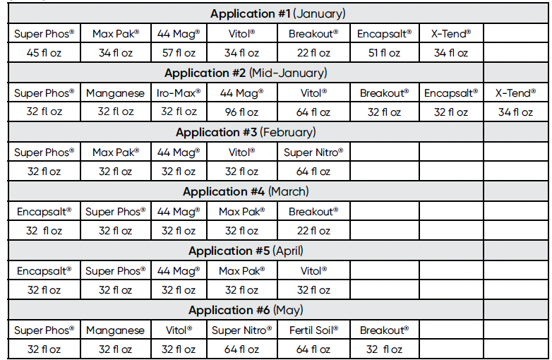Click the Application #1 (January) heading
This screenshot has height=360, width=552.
(277, 14)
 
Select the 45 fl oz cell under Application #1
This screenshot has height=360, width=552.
(44, 53)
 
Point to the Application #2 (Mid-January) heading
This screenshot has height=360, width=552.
(246, 73)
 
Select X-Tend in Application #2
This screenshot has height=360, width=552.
(515, 92)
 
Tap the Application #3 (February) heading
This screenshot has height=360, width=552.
(246, 133)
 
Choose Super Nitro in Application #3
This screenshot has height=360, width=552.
(313, 152)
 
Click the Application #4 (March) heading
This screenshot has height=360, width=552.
(246, 192)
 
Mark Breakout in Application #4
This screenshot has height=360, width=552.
(313, 211)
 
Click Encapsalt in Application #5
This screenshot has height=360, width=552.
(44, 270)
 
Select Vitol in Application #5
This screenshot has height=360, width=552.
(313, 270)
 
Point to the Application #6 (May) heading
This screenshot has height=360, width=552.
(246, 311)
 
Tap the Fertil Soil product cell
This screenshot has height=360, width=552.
(313, 330)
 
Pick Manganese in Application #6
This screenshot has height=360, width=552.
(115, 330)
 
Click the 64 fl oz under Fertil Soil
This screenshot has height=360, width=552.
(313, 349)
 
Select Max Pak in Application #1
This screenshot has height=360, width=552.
(115, 33)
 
